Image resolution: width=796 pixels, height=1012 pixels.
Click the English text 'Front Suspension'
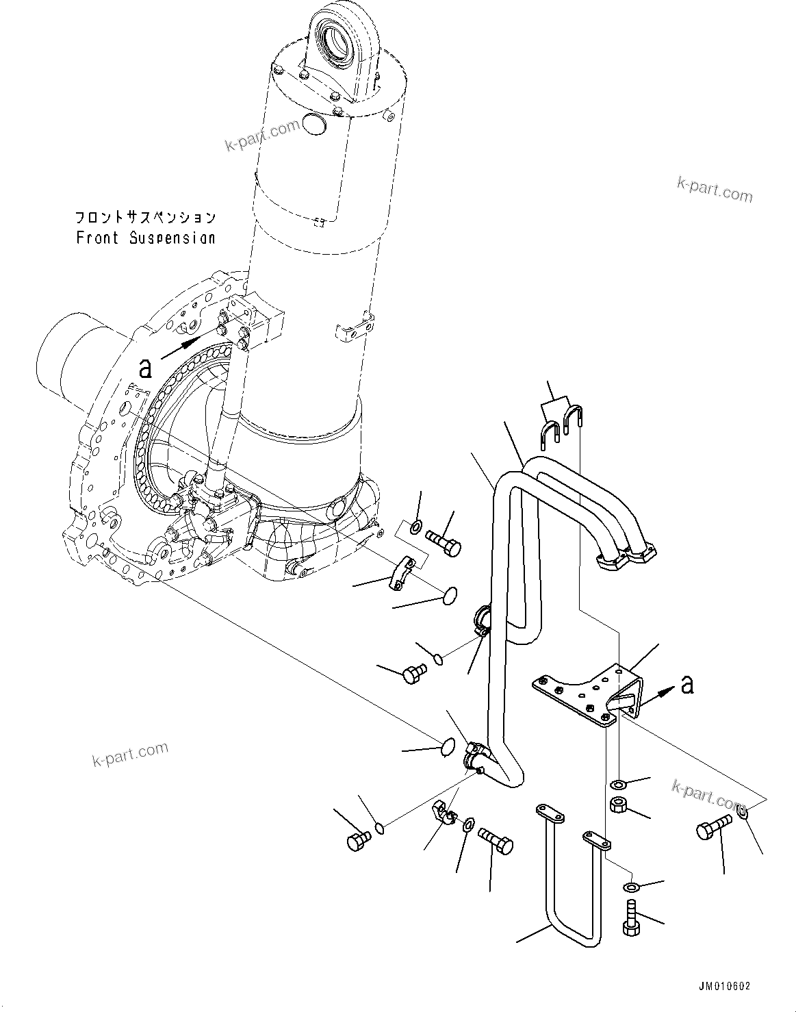(x=145, y=238)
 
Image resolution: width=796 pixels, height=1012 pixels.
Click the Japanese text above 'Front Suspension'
(x=145, y=218)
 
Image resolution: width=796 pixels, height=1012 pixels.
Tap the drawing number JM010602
(x=724, y=986)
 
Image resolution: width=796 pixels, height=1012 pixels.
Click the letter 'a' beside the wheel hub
(x=145, y=368)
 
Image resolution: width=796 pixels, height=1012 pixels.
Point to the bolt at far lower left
(x=358, y=840)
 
